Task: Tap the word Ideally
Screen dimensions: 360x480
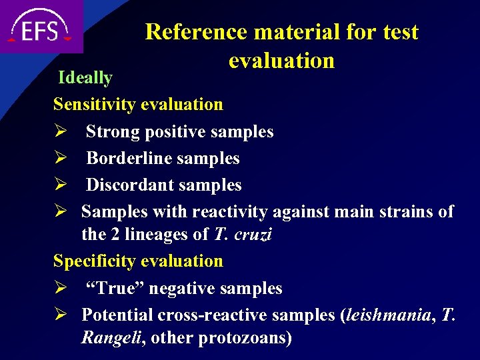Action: pos(85,78)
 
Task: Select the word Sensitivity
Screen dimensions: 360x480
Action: pos(95,105)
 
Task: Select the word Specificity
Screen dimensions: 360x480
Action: pos(94,261)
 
